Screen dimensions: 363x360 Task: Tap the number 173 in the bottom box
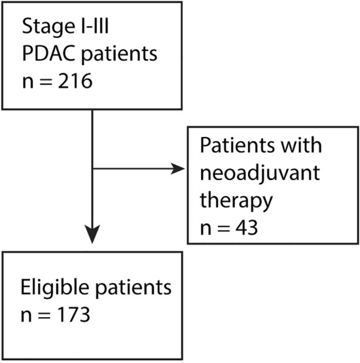coord(77,316)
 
